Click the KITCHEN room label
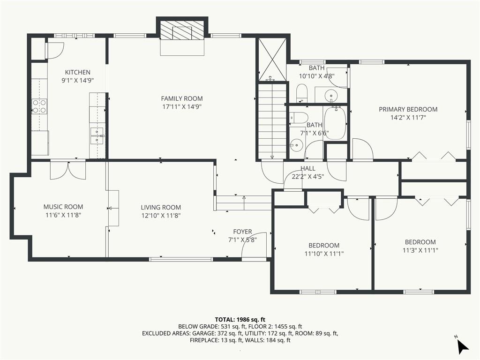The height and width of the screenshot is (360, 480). pyautogui.click(x=77, y=72)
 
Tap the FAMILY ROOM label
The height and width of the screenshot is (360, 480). pyautogui.click(x=182, y=98)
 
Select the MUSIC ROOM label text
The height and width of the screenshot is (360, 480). pyautogui.click(x=63, y=207)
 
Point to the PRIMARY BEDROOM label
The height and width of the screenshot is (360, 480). pyautogui.click(x=408, y=109)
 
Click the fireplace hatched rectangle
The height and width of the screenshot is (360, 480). pyautogui.click(x=182, y=30)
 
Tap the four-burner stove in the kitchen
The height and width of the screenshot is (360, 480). pyautogui.click(x=39, y=106)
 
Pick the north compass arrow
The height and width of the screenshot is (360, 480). pyautogui.click(x=463, y=346)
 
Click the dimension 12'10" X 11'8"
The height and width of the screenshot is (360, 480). pyautogui.click(x=161, y=216)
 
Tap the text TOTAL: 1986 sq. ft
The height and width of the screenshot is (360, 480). pyautogui.click(x=240, y=320)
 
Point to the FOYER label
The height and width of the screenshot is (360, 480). pyautogui.click(x=242, y=232)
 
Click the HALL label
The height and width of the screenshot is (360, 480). pyautogui.click(x=307, y=168)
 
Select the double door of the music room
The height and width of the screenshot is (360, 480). pyautogui.click(x=68, y=170)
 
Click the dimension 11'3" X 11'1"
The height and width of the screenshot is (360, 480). pyautogui.click(x=420, y=250)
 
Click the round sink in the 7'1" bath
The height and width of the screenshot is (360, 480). pyautogui.click(x=296, y=145)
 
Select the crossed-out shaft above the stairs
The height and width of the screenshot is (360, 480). pyautogui.click(x=272, y=59)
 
